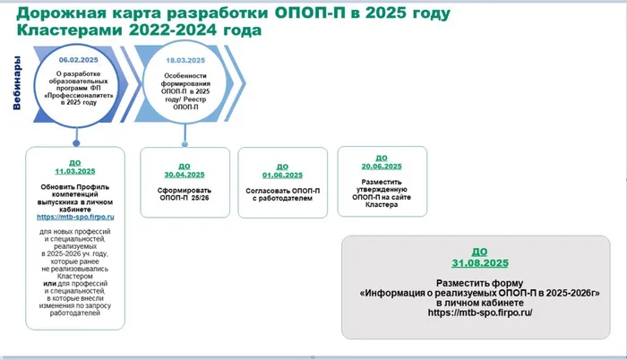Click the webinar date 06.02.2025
point(79,60)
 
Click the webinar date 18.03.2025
point(185,60)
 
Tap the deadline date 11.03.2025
point(75,171)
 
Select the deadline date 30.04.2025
point(185,175)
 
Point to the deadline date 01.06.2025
point(283,176)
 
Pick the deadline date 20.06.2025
point(382,167)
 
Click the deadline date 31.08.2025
point(480,263)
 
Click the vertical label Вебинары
point(16,82)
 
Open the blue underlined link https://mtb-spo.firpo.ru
point(75,217)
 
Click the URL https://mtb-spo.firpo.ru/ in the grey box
point(480,313)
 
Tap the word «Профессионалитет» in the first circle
point(79,96)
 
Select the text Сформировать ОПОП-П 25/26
point(185,194)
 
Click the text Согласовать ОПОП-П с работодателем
point(283,194)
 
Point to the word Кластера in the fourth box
point(382,205)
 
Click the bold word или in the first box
point(49,284)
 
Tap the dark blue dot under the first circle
point(76,143)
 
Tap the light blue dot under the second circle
point(185,144)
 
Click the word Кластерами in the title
point(70,30)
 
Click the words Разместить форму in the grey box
point(480,283)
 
